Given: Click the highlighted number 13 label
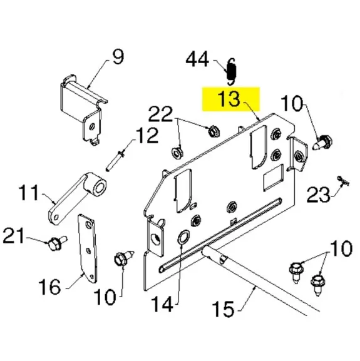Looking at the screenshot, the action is pyautogui.click(x=230, y=98).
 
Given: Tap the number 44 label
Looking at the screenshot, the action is pyautogui.click(x=197, y=59).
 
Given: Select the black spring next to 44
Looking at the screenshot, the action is pyautogui.click(x=231, y=71).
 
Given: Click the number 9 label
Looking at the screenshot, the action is pyautogui.click(x=118, y=57).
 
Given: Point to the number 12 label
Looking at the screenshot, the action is pyautogui.click(x=147, y=136).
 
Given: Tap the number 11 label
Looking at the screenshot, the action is pyautogui.click(x=29, y=192).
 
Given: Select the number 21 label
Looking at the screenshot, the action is pyautogui.click(x=13, y=235).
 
